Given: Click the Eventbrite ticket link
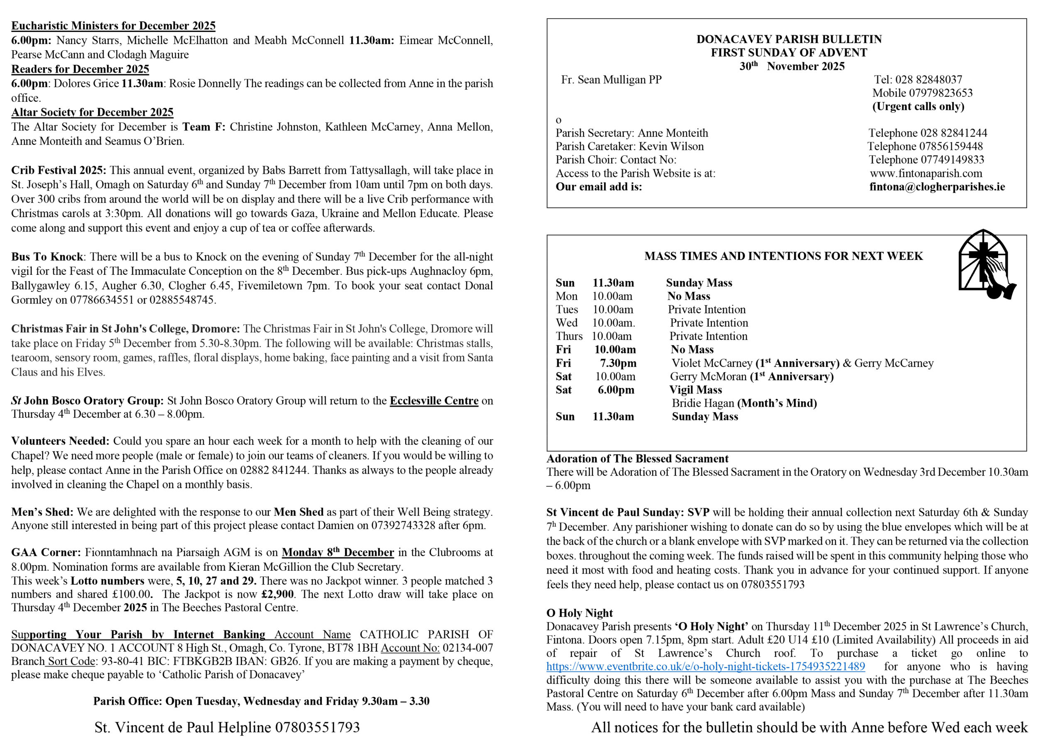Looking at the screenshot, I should pyautogui.click(x=705, y=667).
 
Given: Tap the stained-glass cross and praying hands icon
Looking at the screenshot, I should pyautogui.click(x=986, y=264).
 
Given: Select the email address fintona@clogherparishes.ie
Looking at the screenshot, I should pyautogui.click(x=937, y=187).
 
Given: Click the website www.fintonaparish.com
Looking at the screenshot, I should pyautogui.click(x=926, y=173).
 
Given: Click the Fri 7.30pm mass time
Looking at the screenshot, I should pyautogui.click(x=618, y=363).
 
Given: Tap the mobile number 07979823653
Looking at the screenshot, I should pyautogui.click(x=941, y=93).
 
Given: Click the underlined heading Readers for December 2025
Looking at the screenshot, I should pyautogui.click(x=80, y=69).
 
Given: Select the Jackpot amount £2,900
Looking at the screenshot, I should pyautogui.click(x=277, y=594).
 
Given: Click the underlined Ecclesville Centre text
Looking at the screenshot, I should pyautogui.click(x=434, y=401).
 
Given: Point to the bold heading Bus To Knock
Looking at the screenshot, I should pyautogui.click(x=47, y=257).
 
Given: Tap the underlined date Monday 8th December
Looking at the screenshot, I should pyautogui.click(x=338, y=552).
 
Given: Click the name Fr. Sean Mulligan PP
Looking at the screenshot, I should pyautogui.click(x=611, y=80).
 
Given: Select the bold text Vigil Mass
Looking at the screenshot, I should pyautogui.click(x=696, y=390).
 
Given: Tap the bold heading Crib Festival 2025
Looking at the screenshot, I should pyautogui.click(x=58, y=170).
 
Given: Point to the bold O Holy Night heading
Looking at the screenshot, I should pyautogui.click(x=579, y=613).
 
